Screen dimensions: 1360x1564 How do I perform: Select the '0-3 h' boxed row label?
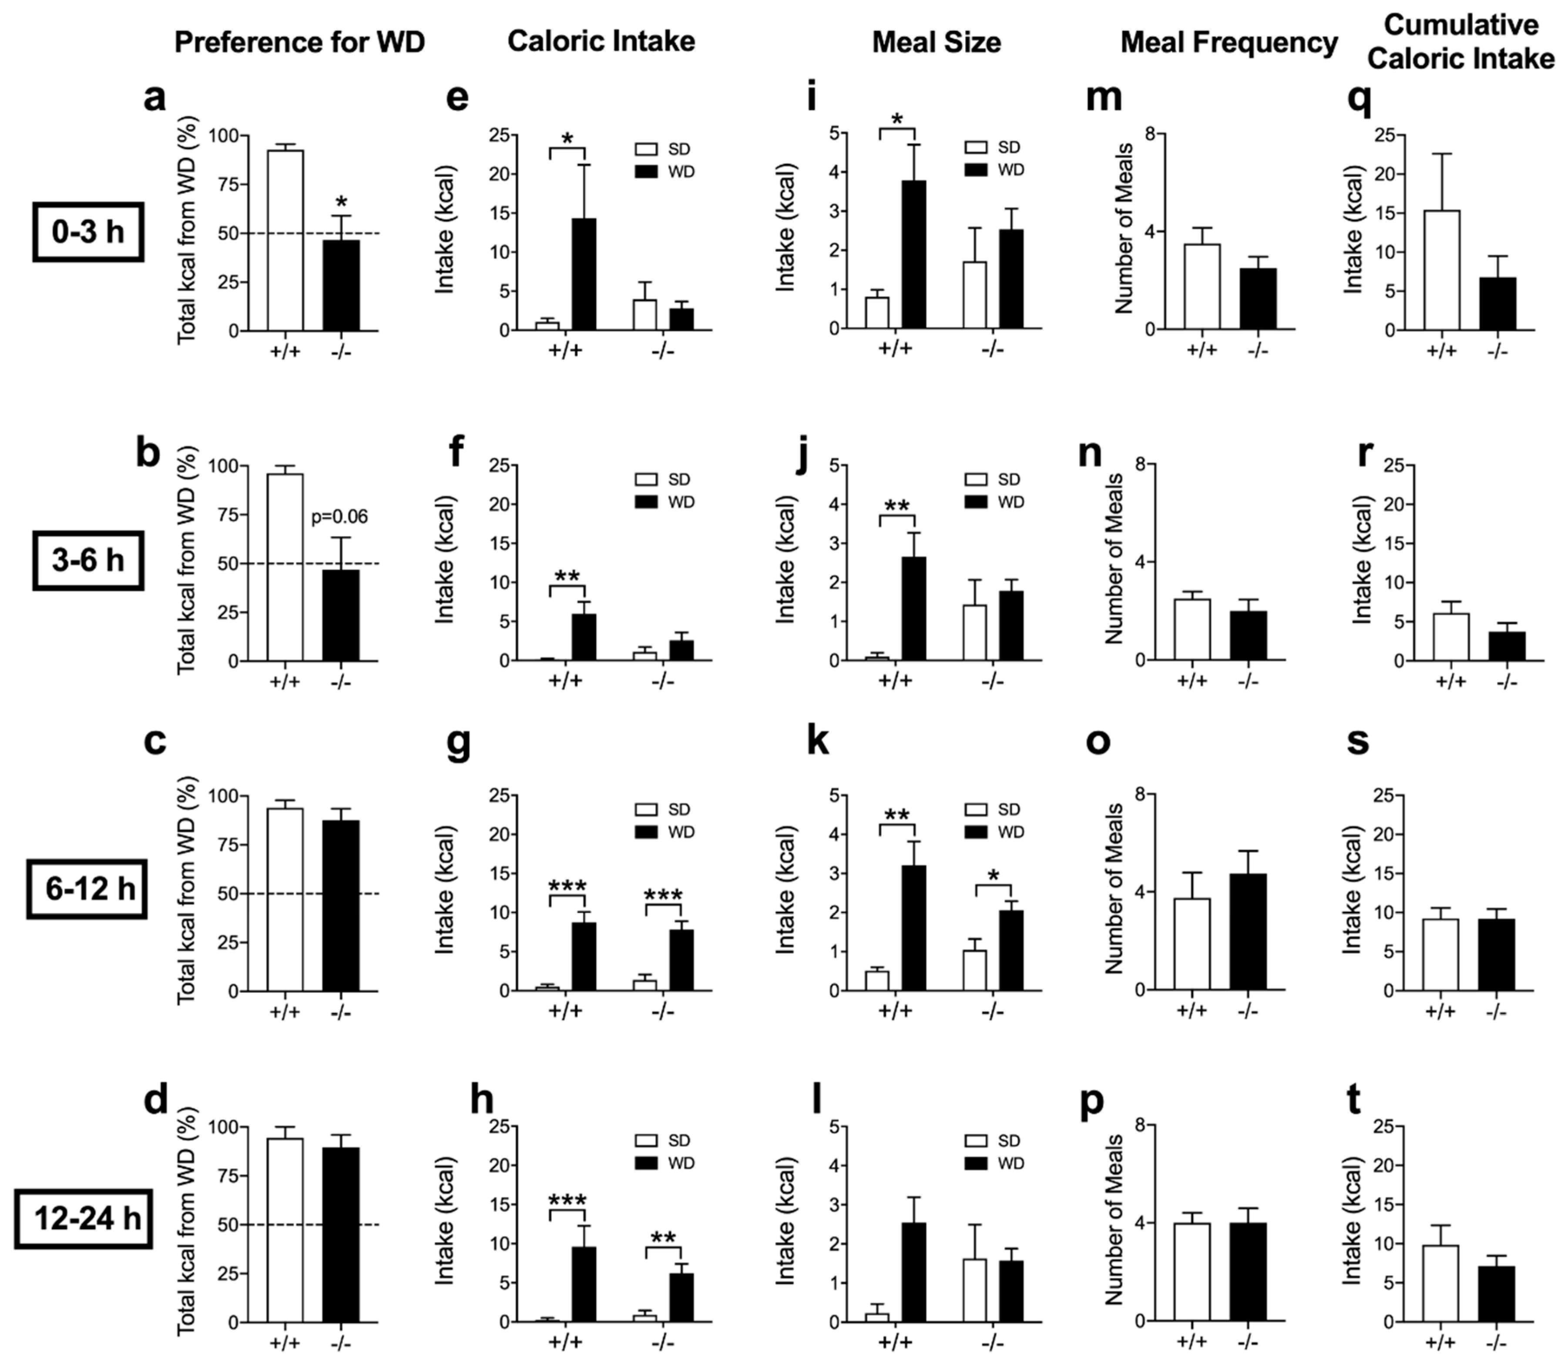(88, 231)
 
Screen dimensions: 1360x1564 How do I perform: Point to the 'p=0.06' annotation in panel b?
(339, 517)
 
